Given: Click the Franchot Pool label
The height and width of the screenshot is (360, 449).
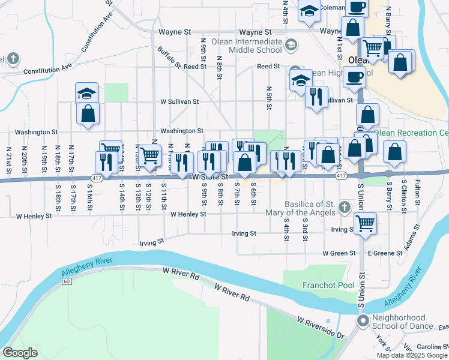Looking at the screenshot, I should point(328,285).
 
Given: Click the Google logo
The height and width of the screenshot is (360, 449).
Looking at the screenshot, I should point(20,353).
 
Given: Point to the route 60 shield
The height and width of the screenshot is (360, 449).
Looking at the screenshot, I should point(66,281).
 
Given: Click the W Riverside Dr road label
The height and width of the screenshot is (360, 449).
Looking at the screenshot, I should point(321,327).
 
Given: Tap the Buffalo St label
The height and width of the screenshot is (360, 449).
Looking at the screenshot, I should point(169,56).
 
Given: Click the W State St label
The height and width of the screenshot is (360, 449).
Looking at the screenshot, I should point(210,177).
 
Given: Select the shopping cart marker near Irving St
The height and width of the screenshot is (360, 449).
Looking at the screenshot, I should point(365,224).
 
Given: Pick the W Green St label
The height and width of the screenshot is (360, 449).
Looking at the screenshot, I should point(339,253).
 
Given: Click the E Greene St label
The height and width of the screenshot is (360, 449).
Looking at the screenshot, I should point(384,253).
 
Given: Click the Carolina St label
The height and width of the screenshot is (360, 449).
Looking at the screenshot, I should point(433,347).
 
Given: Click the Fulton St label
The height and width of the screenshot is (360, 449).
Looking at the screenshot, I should point(418,190).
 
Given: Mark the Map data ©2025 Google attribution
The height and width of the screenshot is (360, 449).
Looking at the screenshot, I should point(411,355).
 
